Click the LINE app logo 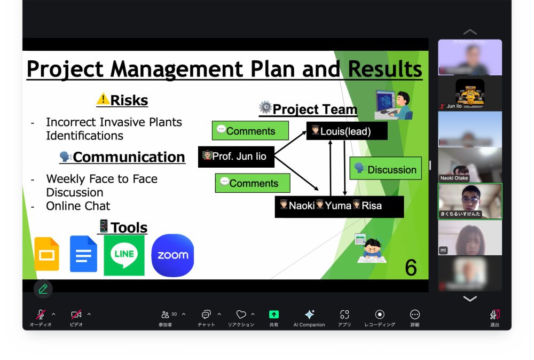point(124,255)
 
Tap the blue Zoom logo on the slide point(172,255)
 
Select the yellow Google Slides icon point(47,254)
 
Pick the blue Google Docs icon point(83,254)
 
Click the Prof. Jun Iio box point(236,156)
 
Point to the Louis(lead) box point(347,131)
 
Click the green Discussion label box point(386,168)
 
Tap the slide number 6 point(411,268)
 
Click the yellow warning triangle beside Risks point(103,99)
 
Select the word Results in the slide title point(385,69)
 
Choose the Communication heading point(129,157)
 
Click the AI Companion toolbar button point(309,318)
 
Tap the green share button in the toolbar point(274,315)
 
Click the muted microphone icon point(41,315)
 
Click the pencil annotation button point(43,289)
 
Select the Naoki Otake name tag point(454,178)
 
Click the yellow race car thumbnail point(470,92)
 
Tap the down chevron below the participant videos point(470,299)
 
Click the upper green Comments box point(250,131)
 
